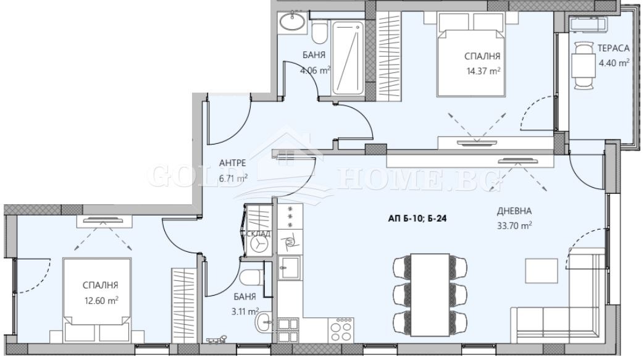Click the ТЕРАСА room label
tap(613, 48)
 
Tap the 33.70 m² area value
tap(514, 225)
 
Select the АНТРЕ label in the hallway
tap(232, 163)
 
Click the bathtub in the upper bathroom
tap(348, 57)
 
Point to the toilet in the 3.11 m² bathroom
tap(251, 278)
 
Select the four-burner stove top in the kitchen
tap(341, 330)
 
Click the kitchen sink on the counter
tap(290, 267)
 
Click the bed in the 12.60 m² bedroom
tap(98, 299)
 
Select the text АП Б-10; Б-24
tap(417, 219)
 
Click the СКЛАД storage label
tap(257, 234)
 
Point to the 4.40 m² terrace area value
tap(614, 63)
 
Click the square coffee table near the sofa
tap(542, 271)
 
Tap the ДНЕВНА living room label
tap(514, 211)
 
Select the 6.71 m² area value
tap(233, 178)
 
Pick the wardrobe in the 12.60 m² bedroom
tap(183, 305)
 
